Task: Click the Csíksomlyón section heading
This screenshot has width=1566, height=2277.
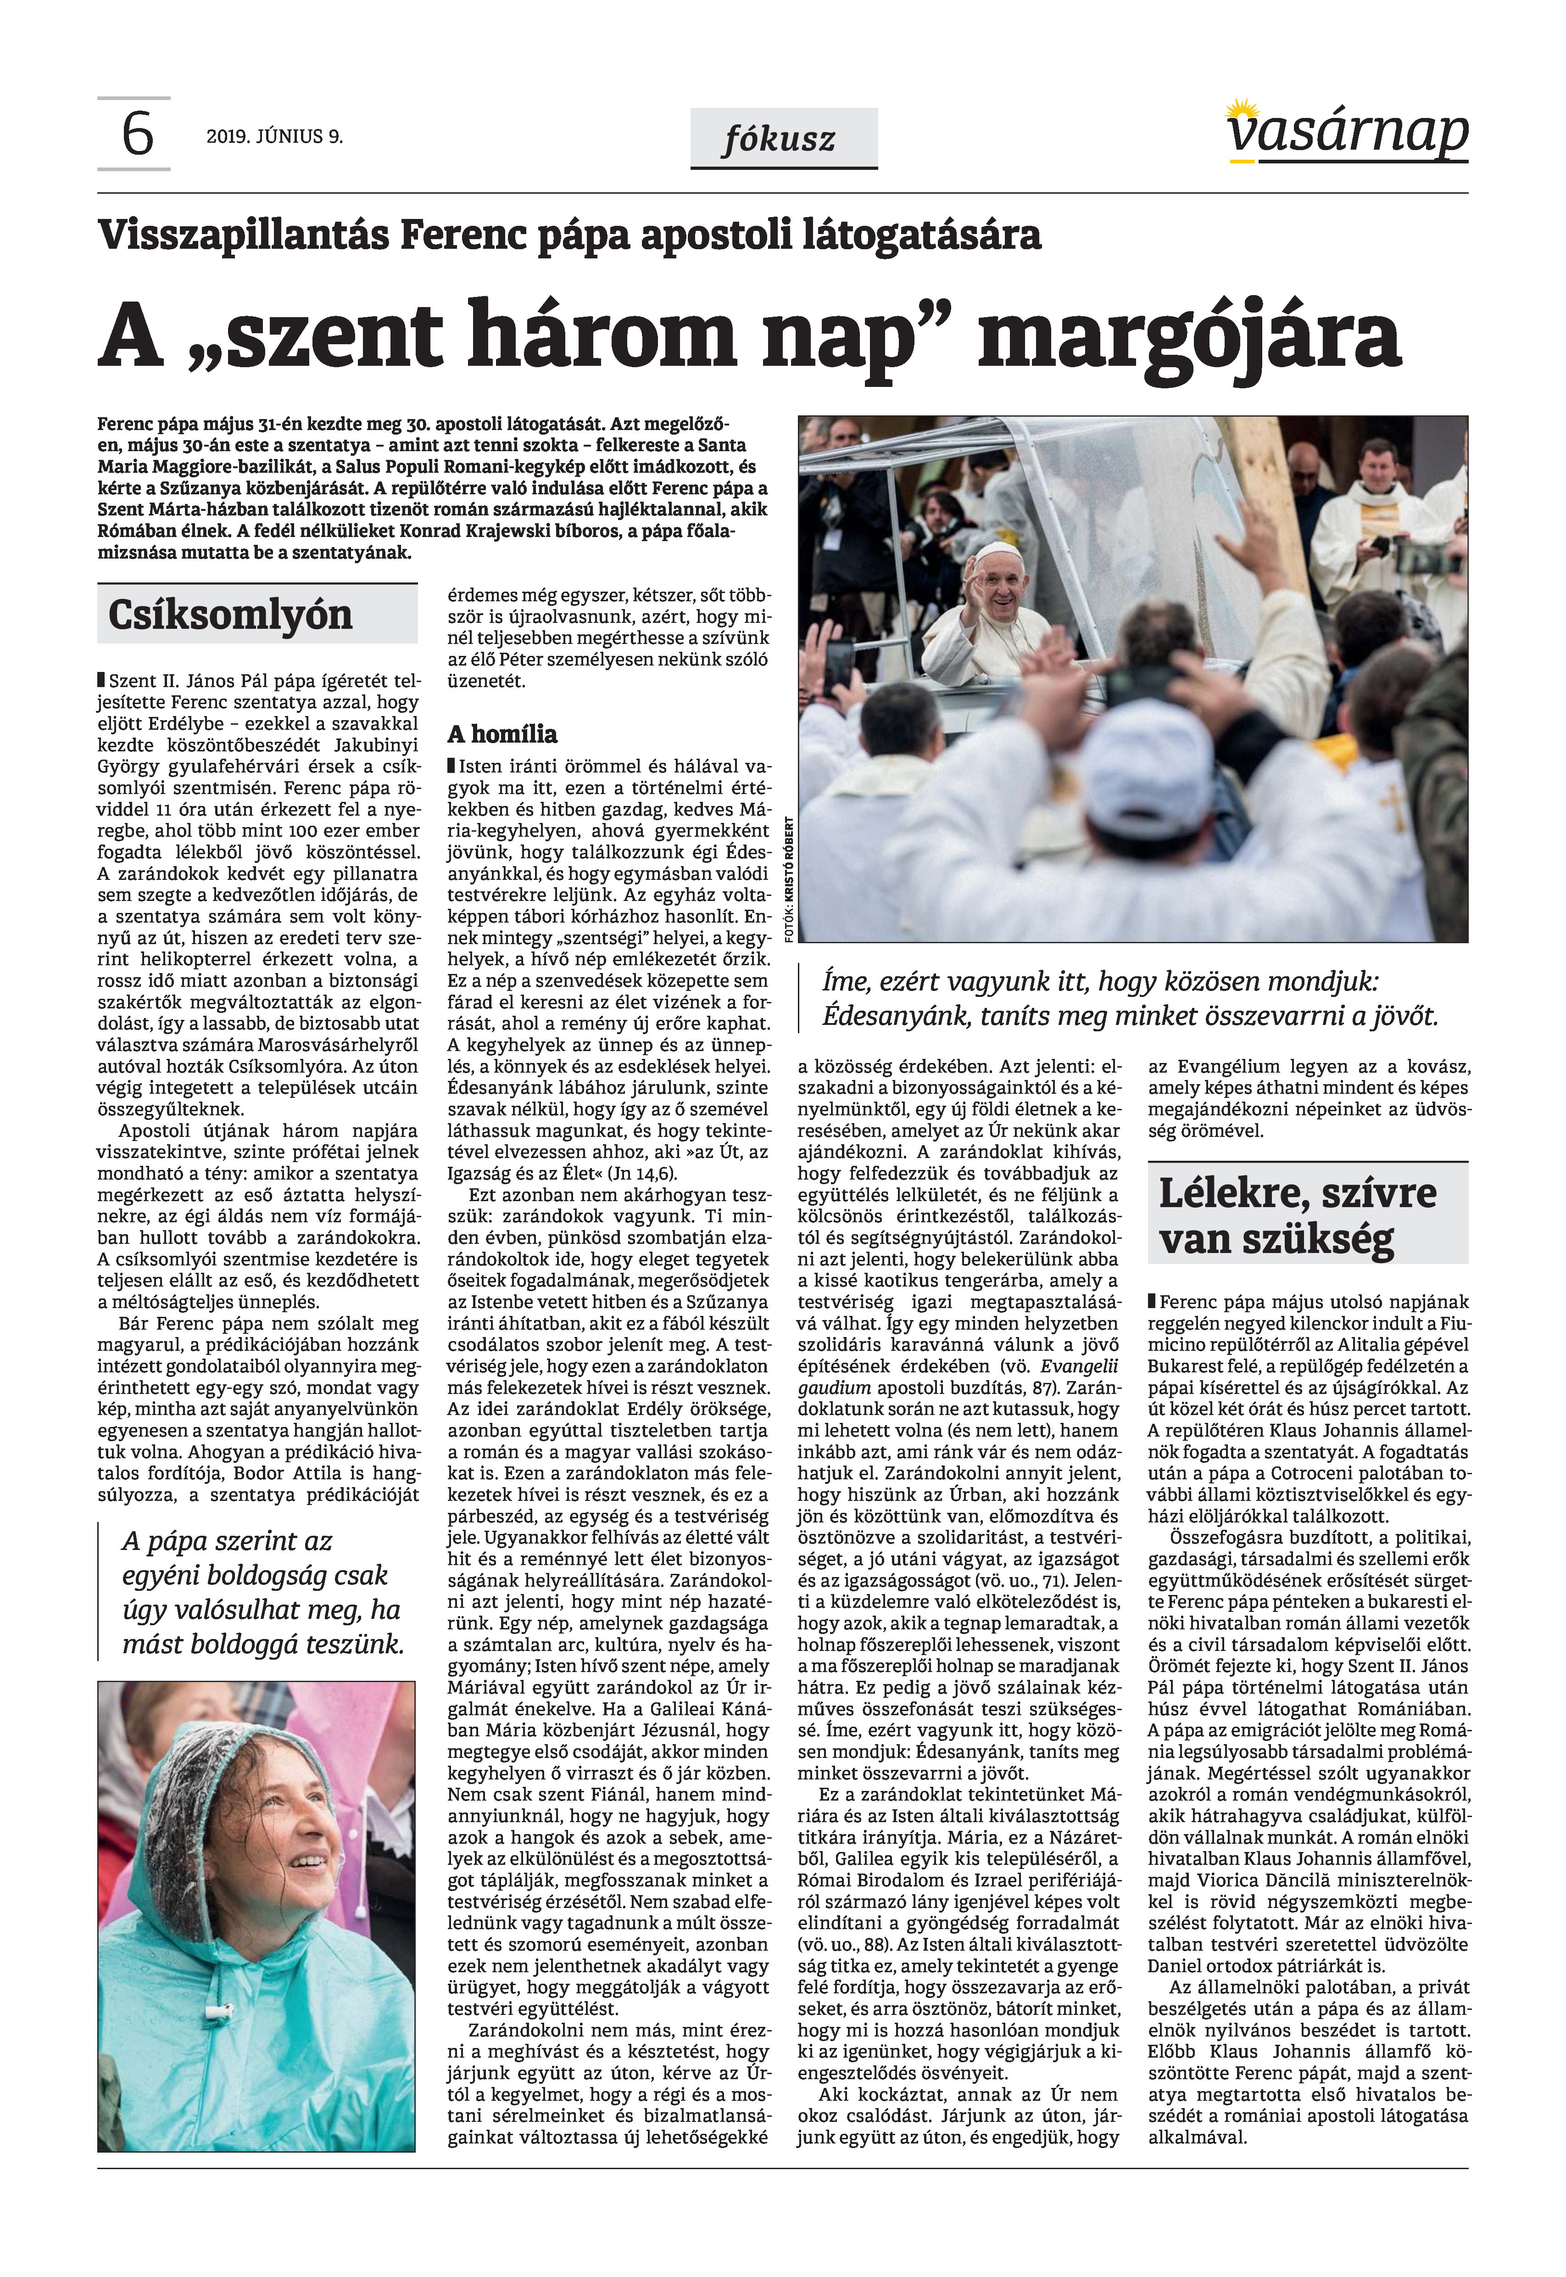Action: pos(229,615)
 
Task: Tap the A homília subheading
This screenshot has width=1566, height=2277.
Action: pos(502,734)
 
